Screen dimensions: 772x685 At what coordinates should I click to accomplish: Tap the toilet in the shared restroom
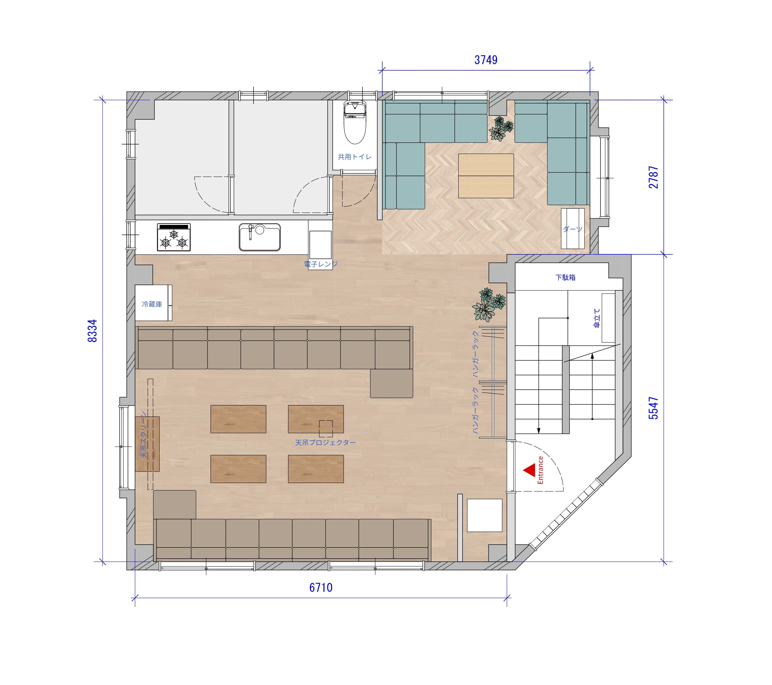coord(355,122)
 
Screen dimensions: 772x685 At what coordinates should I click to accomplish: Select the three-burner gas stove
coord(174,237)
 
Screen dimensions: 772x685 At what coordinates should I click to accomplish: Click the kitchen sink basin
coord(260,237)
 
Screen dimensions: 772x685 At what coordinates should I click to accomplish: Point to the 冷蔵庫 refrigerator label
coord(152,304)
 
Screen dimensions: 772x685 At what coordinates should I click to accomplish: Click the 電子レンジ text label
coord(321,264)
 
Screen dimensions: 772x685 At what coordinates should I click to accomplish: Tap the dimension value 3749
coord(486,60)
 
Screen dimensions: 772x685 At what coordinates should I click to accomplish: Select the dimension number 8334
coord(92,331)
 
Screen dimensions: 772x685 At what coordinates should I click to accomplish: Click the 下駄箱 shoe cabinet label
coord(565,278)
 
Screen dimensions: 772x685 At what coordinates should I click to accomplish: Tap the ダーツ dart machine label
coord(573,229)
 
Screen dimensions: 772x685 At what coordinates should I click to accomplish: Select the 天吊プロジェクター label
coord(325,442)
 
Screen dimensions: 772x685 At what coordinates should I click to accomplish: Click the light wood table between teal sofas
coord(486,176)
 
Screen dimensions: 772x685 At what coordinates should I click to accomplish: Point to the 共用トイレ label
coord(355,157)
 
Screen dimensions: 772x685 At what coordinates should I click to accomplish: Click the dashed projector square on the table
coord(326,429)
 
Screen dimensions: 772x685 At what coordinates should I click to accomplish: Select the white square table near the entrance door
coord(485,515)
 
